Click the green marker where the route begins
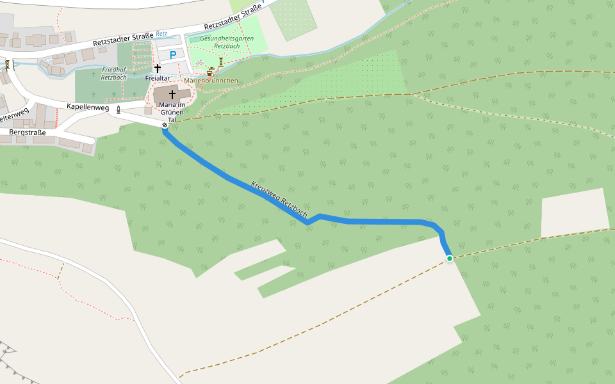click(x=450, y=259)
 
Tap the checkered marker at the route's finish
click(x=165, y=125)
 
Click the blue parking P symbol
click(x=171, y=56)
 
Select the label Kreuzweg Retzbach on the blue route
click(x=279, y=199)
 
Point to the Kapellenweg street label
click(x=88, y=108)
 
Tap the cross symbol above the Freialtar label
click(x=157, y=68)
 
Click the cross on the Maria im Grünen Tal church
click(x=172, y=95)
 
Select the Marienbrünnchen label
click(x=211, y=81)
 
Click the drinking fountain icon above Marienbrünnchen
click(x=209, y=73)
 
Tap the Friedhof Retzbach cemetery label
click(x=114, y=73)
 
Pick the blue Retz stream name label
click(x=161, y=33)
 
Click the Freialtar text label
click(x=157, y=78)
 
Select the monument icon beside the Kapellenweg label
click(x=118, y=109)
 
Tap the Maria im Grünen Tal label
click(x=172, y=112)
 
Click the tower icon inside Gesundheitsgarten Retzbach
click(x=221, y=61)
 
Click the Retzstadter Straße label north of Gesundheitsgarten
click(x=233, y=18)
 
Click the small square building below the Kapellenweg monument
click(x=147, y=111)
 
